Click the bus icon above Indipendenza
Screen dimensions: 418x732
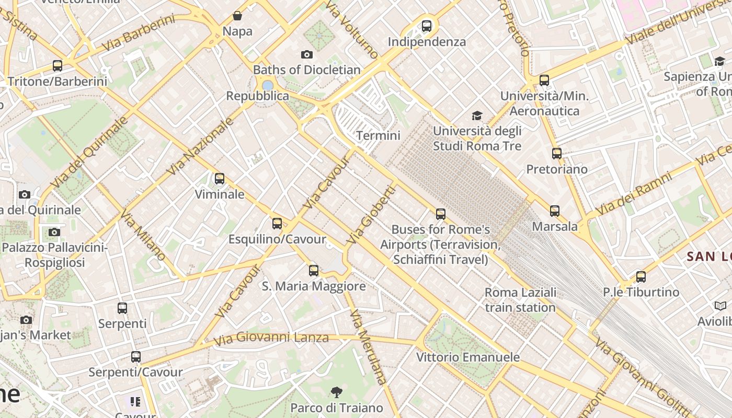pyautogui.click(x=427, y=26)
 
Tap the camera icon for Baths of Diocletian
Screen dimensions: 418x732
pyautogui.click(x=307, y=54)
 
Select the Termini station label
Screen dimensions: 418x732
pyautogui.click(x=378, y=136)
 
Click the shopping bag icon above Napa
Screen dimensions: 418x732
pyautogui.click(x=237, y=16)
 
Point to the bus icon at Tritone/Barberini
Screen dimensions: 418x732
pyautogui.click(x=58, y=66)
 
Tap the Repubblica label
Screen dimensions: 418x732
pyautogui.click(x=257, y=96)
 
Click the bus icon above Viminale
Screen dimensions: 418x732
pyautogui.click(x=220, y=179)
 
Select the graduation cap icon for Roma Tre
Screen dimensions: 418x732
pyautogui.click(x=477, y=115)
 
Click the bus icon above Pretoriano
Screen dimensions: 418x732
pyautogui.click(x=557, y=154)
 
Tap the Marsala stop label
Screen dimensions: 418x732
pyautogui.click(x=555, y=226)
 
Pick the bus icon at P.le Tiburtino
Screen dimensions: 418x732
pyautogui.click(x=641, y=277)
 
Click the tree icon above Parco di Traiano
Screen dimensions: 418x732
pyautogui.click(x=337, y=392)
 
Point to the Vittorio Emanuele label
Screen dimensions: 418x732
pyautogui.click(x=468, y=357)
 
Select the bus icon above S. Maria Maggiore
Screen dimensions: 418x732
pyautogui.click(x=314, y=271)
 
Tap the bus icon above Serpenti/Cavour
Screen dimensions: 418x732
pyautogui.click(x=136, y=357)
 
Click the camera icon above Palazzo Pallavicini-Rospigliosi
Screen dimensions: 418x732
pyautogui.click(x=54, y=232)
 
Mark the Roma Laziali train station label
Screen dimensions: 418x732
pyautogui.click(x=520, y=300)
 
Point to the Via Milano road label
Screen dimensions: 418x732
pyautogui.click(x=143, y=236)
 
